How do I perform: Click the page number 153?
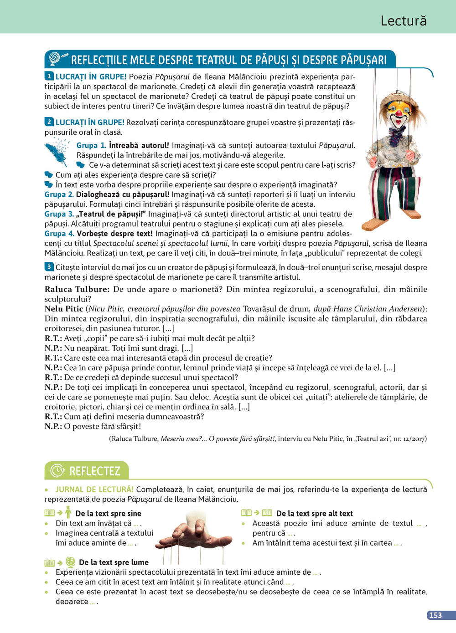(x=435, y=615)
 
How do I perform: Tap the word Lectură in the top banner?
(x=404, y=21)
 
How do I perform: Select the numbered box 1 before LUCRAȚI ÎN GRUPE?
(x=49, y=77)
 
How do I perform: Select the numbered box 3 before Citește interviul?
(x=49, y=267)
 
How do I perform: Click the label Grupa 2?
(x=59, y=194)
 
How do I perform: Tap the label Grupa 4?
(x=59, y=234)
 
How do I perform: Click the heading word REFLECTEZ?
(x=95, y=471)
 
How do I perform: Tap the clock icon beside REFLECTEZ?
(x=57, y=471)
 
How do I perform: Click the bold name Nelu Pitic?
(x=64, y=309)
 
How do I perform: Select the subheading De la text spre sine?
(x=108, y=514)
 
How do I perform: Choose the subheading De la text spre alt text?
(x=314, y=514)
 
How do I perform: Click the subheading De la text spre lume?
(x=114, y=562)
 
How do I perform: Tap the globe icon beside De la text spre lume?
(x=70, y=562)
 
